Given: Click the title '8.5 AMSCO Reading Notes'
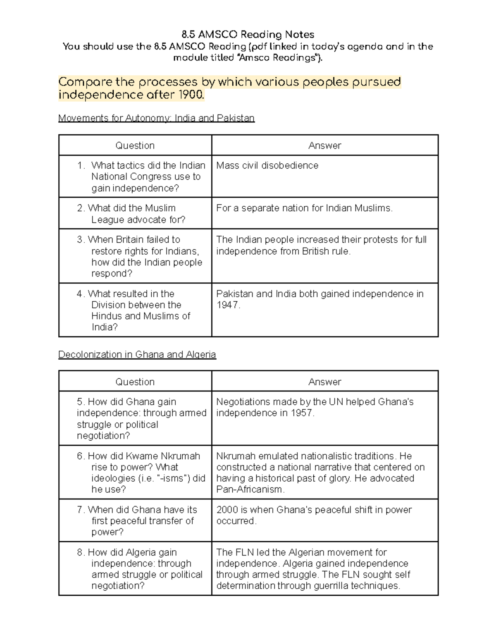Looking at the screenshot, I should (248, 34).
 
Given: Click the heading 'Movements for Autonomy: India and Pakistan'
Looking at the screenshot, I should (156, 118).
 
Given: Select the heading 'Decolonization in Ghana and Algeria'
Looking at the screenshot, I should (137, 355).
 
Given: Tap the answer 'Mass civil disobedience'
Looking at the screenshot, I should (267, 165).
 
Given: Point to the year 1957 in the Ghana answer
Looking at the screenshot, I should (302, 413).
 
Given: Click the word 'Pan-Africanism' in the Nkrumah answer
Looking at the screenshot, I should (250, 489).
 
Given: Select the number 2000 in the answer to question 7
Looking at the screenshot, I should (227, 510).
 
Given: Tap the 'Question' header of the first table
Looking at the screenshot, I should (135, 146).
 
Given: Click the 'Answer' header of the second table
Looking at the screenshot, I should (324, 382).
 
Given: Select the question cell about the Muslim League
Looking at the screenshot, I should (135, 214).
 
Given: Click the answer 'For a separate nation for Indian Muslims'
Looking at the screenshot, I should (304, 208).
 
